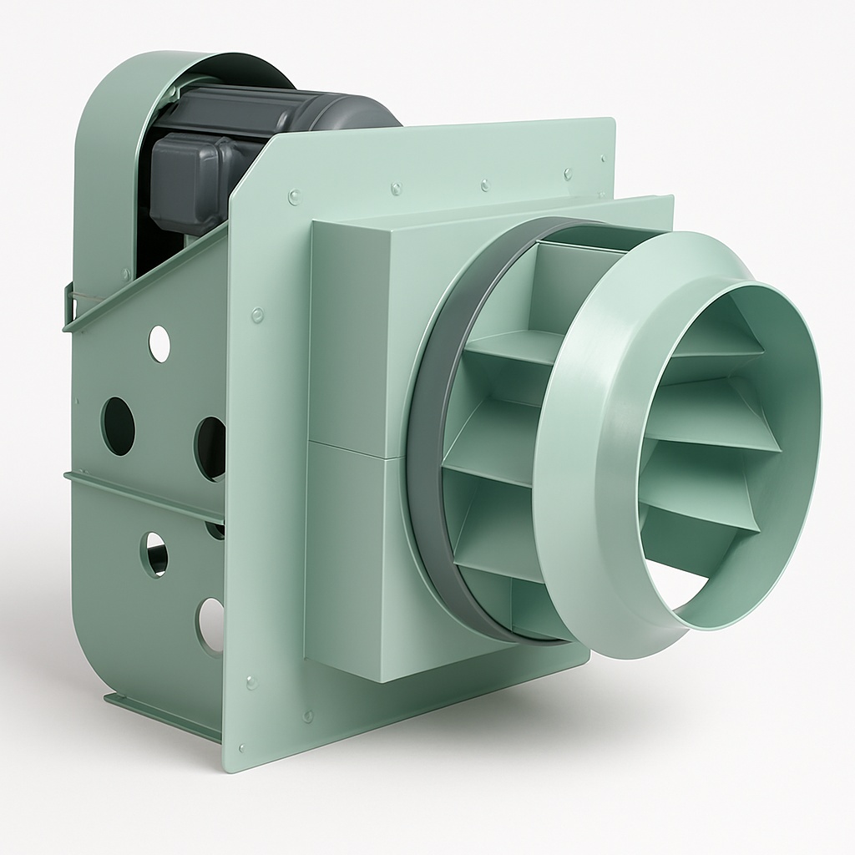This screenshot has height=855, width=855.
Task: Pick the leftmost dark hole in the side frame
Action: [118, 426]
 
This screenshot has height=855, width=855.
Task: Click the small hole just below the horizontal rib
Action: [154, 554]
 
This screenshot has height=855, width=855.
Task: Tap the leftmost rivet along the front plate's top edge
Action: [293, 197]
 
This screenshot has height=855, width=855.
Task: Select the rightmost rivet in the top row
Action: [568, 175]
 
